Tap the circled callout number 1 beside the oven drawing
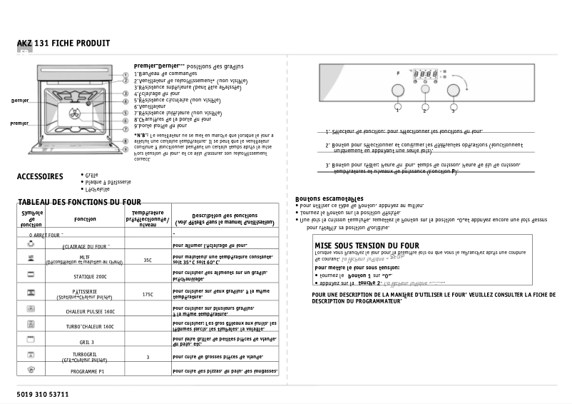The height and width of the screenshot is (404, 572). [126, 74]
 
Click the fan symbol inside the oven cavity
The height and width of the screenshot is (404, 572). [74, 113]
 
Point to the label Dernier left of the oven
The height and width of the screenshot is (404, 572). [20, 101]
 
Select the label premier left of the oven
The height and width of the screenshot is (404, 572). [20, 123]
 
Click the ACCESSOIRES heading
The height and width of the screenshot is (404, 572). [40, 176]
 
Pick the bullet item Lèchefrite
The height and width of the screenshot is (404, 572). [97, 190]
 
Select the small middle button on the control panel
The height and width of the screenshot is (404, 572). [425, 90]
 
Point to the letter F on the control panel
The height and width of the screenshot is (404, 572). [397, 74]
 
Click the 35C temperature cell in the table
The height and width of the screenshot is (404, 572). [148, 261]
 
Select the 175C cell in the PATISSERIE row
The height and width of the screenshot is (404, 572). [148, 294]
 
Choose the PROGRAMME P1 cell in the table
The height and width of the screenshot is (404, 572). [87, 372]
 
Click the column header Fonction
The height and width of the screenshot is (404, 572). [85, 219]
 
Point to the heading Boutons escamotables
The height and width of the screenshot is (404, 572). [330, 198]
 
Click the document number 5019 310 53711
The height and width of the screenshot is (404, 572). [43, 394]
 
